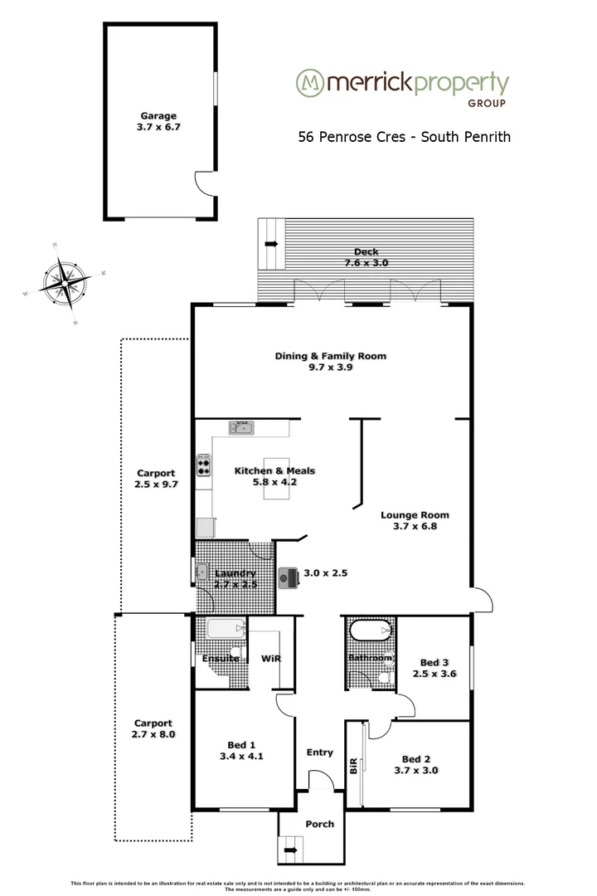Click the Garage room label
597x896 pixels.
(x=158, y=116)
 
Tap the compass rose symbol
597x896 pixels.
(x=65, y=283)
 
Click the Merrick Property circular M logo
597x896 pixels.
(x=310, y=83)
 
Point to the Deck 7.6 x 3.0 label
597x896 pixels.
(x=366, y=256)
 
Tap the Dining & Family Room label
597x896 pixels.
(x=331, y=356)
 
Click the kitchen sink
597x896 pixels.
(x=242, y=428)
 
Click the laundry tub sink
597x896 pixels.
(x=202, y=571)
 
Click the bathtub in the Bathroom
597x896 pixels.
(x=370, y=632)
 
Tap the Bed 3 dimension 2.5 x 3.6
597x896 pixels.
(x=434, y=674)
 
